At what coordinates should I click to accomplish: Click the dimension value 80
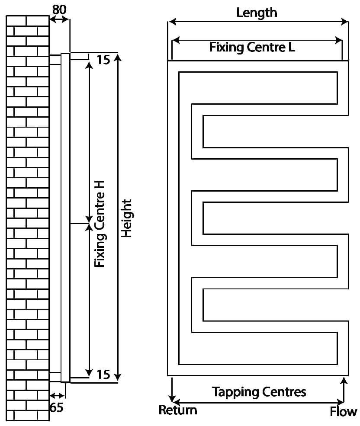(60, 9)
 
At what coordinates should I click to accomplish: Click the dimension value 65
(56, 407)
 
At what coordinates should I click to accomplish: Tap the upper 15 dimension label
(103, 60)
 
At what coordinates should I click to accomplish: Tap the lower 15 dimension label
(103, 374)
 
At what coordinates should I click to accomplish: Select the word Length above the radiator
(257, 13)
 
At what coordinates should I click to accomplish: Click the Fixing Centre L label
(252, 47)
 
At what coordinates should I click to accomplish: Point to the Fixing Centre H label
(100, 224)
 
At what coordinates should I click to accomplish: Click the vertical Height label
(126, 218)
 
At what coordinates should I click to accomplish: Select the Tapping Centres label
(259, 392)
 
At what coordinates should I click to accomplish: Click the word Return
(177, 410)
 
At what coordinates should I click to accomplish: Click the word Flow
(344, 412)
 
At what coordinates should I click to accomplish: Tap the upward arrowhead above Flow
(344, 381)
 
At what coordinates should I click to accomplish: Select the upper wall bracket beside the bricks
(55, 60)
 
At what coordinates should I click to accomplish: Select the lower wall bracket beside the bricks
(55, 376)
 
